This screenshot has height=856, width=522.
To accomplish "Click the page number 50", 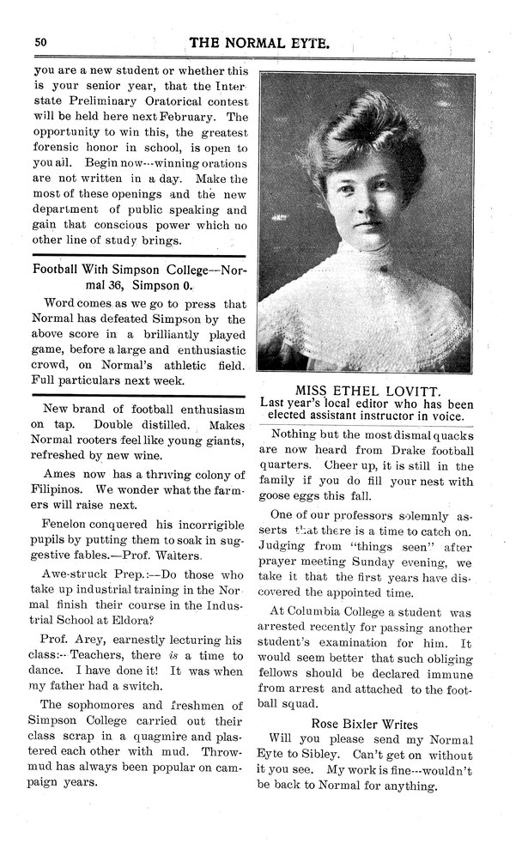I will pyautogui.click(x=40, y=41).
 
